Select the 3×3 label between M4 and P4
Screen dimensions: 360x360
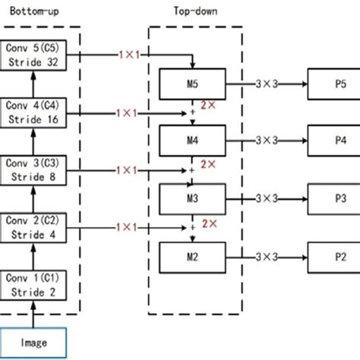[x=267, y=141]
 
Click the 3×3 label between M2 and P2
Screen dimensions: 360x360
[x=267, y=256]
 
